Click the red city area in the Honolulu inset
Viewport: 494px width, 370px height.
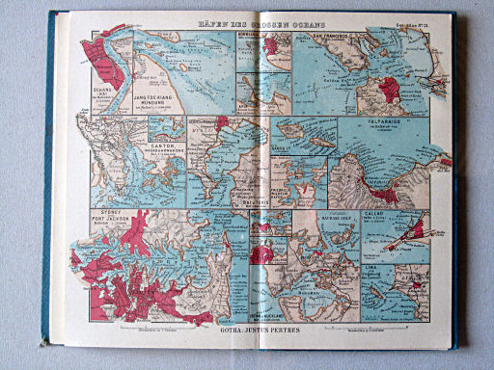point(273,42)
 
